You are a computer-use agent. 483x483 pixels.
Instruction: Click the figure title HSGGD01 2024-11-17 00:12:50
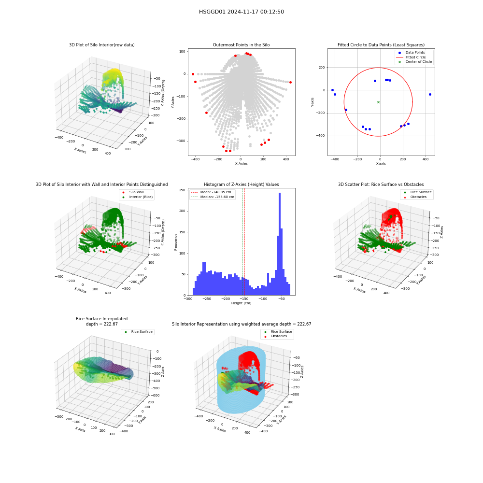click(241, 12)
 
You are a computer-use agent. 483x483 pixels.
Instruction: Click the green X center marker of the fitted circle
click(378, 102)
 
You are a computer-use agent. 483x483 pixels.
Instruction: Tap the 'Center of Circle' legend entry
click(414, 62)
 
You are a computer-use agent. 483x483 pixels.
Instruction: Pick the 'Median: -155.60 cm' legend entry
click(213, 197)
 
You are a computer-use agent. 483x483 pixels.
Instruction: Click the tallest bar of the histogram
click(279, 244)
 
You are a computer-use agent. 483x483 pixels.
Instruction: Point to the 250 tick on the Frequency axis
click(182, 190)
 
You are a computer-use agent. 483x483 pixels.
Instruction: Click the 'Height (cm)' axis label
click(241, 303)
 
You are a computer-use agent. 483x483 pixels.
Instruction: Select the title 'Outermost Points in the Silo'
click(241, 45)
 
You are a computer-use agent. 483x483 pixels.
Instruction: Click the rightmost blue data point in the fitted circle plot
click(430, 94)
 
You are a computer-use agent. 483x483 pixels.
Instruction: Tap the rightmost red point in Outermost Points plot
click(290, 82)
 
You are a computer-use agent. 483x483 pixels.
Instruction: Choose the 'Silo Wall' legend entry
click(133, 192)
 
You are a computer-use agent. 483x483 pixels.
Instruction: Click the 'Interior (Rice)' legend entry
click(137, 197)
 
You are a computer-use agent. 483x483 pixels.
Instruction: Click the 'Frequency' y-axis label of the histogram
click(176, 242)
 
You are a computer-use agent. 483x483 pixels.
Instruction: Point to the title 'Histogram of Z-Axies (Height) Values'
click(241, 185)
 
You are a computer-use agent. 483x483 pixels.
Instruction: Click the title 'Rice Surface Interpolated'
click(101, 319)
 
